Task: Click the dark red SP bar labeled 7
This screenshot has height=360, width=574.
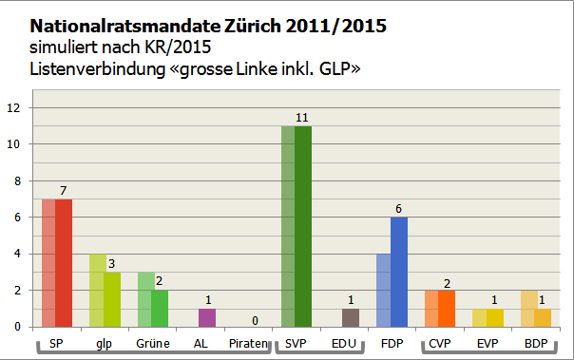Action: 64,263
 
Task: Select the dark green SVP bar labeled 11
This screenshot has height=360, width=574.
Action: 303,227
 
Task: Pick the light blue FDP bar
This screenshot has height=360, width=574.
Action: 383,291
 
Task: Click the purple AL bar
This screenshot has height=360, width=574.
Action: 206,317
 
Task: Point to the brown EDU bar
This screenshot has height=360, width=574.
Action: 351,317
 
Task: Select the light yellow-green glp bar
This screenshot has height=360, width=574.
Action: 97,291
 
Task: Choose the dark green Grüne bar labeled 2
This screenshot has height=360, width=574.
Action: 160,309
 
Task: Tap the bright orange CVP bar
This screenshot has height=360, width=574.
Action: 447,309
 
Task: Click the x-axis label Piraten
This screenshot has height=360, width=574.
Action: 248,342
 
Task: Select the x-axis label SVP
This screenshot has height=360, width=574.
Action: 296,342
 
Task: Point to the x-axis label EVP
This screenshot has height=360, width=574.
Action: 488,342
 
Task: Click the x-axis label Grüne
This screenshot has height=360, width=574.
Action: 152,342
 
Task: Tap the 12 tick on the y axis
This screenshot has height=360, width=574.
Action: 13,108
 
